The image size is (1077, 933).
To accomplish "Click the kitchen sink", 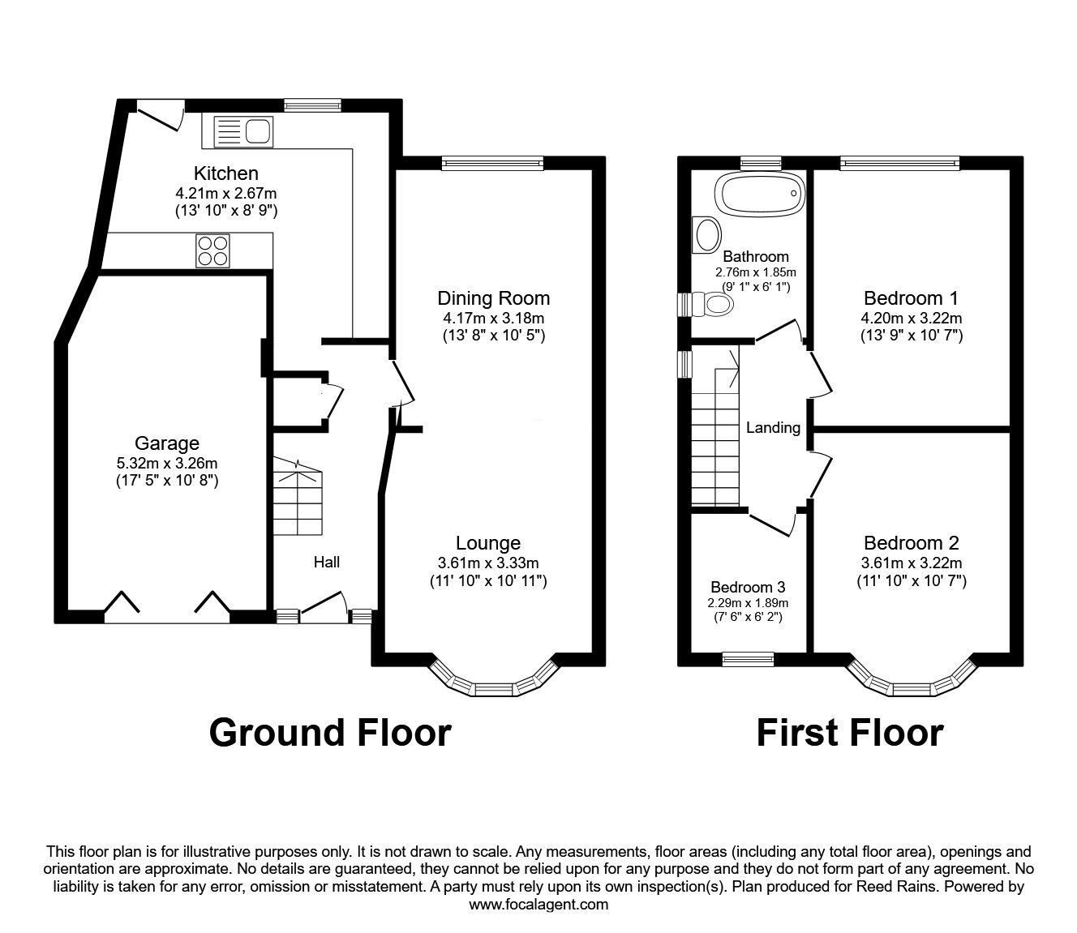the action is pyautogui.click(x=243, y=131).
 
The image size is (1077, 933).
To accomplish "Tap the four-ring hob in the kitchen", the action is pyautogui.click(x=212, y=251).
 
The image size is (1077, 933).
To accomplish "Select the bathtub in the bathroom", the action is pyautogui.click(x=760, y=193).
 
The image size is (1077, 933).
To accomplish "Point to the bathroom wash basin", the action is pyautogui.click(x=706, y=235).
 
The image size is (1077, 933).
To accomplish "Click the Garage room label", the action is pyautogui.click(x=167, y=443).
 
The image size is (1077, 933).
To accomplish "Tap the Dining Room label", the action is pyautogui.click(x=493, y=298).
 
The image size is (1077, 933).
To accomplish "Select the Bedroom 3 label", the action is pyautogui.click(x=748, y=587).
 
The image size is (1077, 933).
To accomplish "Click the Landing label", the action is pyautogui.click(x=773, y=428).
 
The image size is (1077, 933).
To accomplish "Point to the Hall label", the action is pyautogui.click(x=327, y=562).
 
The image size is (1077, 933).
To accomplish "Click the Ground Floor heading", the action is pyautogui.click(x=330, y=733).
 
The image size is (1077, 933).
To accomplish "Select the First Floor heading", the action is pyautogui.click(x=850, y=733).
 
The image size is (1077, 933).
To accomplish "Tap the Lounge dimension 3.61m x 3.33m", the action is pyautogui.click(x=488, y=563).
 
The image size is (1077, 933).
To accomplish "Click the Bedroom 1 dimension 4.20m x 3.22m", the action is pyautogui.click(x=912, y=318).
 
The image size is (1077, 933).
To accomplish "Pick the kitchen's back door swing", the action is pyautogui.click(x=160, y=116).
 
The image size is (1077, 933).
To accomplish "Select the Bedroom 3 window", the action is pyautogui.click(x=749, y=660).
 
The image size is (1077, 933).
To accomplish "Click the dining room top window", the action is pyautogui.click(x=493, y=163).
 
